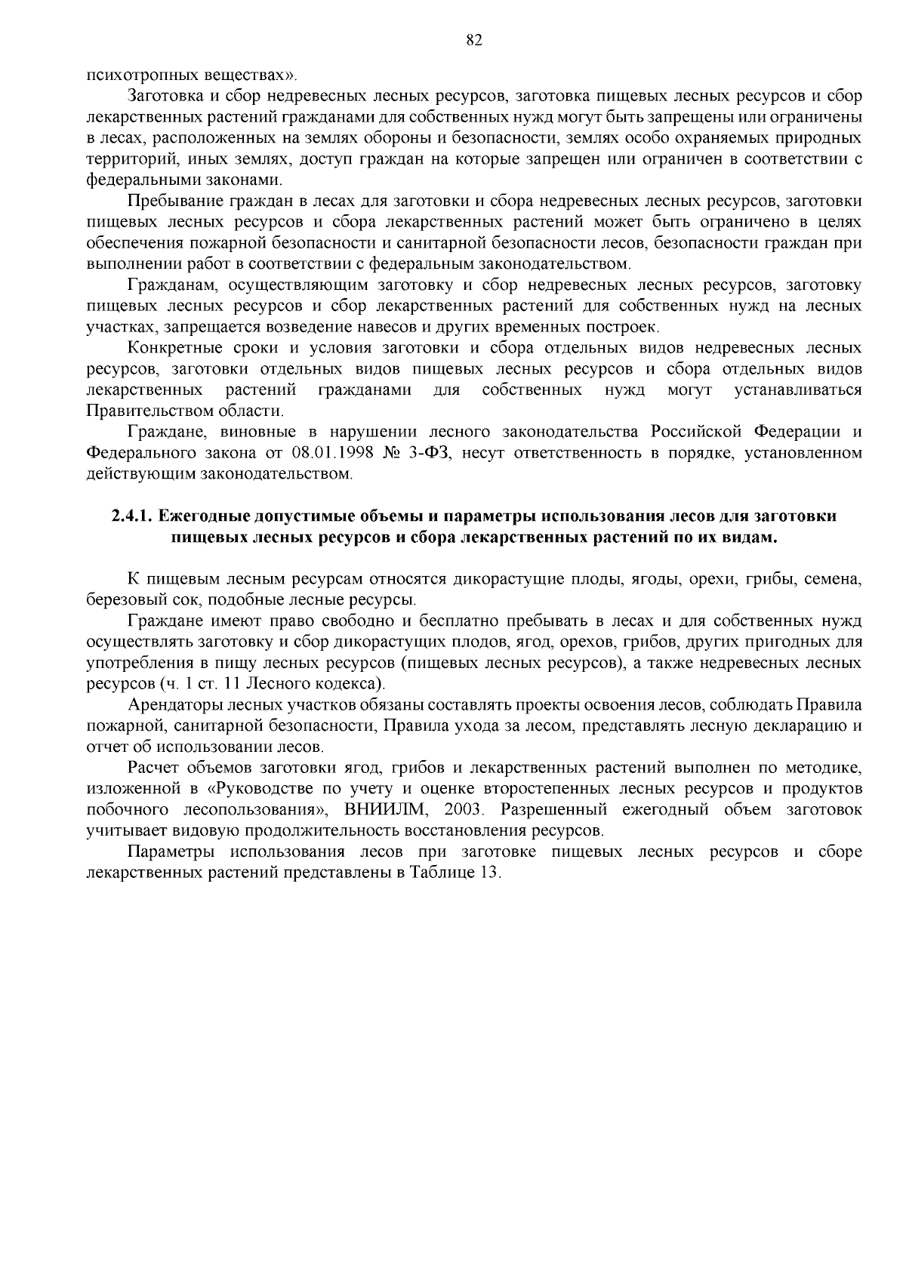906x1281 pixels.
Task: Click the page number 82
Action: coord(474,41)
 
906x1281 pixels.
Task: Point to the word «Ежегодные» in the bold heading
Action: coord(199,516)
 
